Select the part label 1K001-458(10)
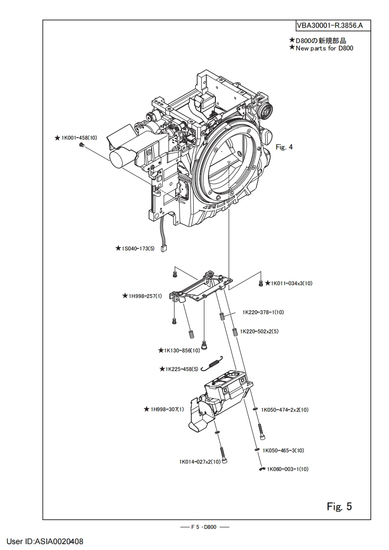[78, 138]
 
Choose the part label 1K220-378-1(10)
[263, 312]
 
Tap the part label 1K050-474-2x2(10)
[285, 410]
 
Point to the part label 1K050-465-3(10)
[284, 450]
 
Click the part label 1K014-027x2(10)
[199, 461]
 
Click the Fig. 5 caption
[339, 506]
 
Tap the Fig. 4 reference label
[284, 147]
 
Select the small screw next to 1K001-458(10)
[82, 146]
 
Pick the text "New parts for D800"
[324, 48]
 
